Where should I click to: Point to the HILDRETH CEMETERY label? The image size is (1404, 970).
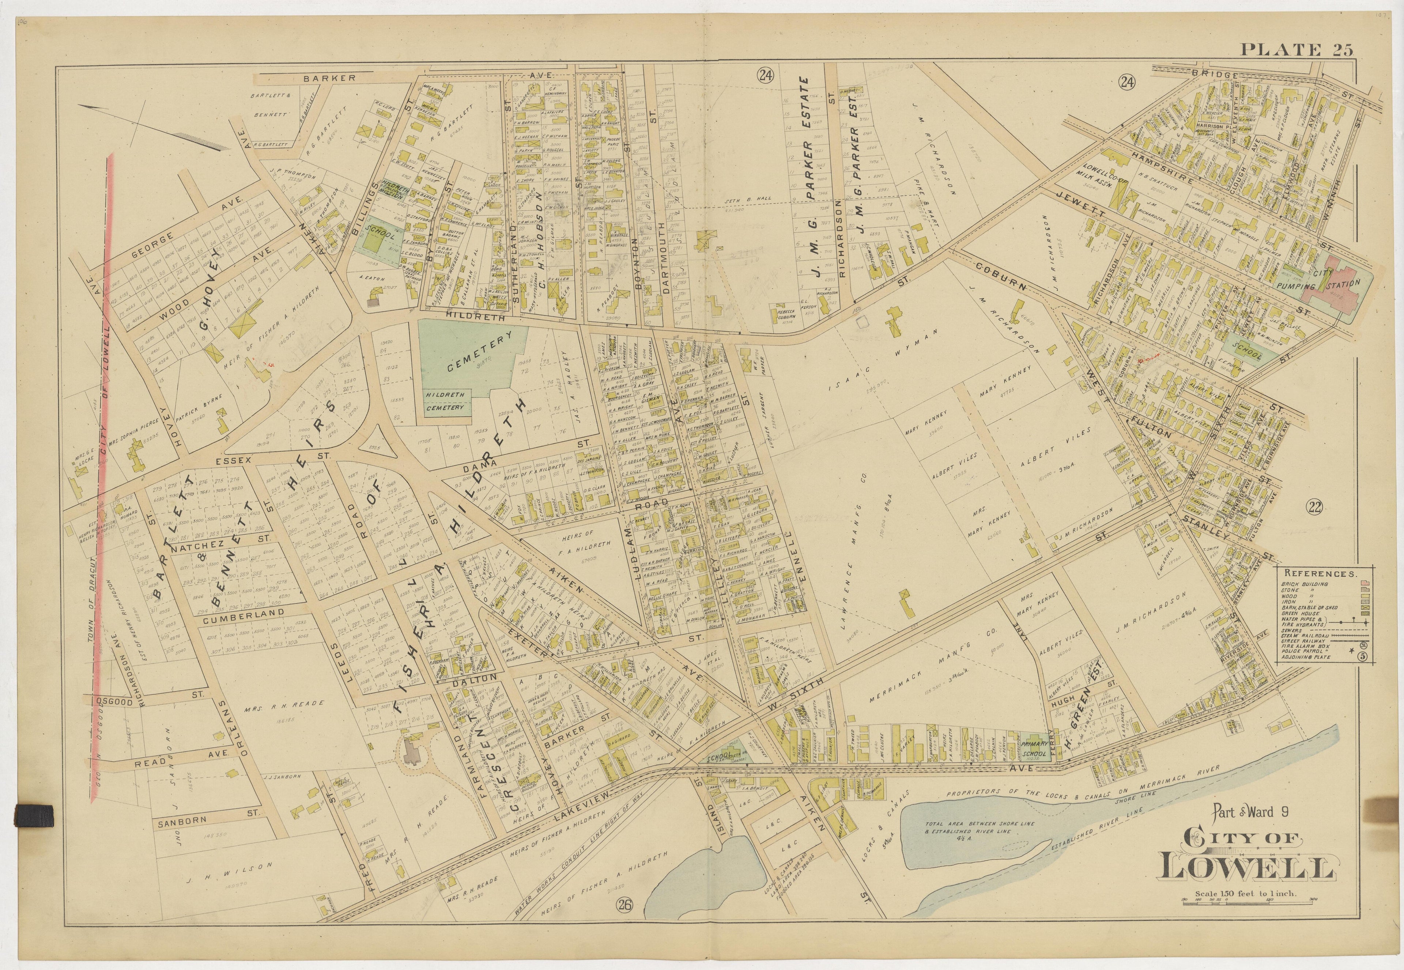pyautogui.click(x=445, y=401)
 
